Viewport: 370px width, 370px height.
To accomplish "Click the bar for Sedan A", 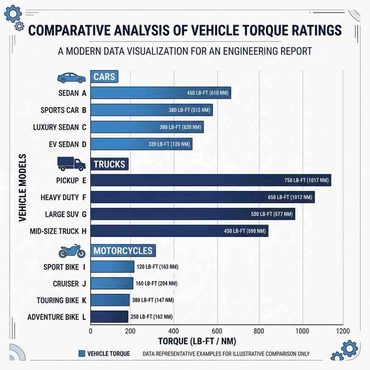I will pos(161,93).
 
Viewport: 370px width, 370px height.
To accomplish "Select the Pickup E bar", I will pos(210,180).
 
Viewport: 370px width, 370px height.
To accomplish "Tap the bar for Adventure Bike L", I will pos(109,317).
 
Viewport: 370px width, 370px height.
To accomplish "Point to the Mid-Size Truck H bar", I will pos(179,231).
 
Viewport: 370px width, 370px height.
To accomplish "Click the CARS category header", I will pos(104,77).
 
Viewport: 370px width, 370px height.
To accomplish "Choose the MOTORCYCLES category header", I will pos(123,251).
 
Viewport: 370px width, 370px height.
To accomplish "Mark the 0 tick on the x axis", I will pos(91,331).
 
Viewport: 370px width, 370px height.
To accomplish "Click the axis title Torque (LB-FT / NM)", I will pos(197,341).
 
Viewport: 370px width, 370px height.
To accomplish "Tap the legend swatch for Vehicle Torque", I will pos(82,354).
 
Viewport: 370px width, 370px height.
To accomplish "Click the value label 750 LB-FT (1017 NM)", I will pos(306,180).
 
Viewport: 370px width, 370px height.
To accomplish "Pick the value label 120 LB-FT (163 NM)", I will pos(157,267).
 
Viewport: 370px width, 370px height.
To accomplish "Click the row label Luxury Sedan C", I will pos(59,127).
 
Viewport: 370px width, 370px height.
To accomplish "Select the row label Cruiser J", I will pos(69,284).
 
